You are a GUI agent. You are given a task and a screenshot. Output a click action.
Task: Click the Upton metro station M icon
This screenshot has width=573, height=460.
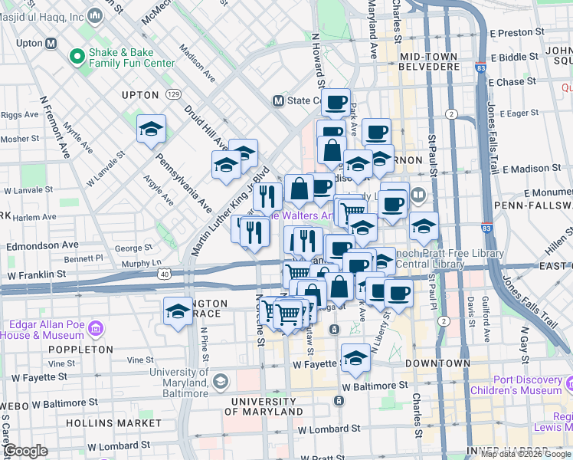click(x=51, y=44)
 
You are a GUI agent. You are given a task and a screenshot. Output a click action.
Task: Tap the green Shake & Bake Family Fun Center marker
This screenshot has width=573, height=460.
click(x=77, y=57)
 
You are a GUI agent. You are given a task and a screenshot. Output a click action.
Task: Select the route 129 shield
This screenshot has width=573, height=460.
click(x=174, y=94)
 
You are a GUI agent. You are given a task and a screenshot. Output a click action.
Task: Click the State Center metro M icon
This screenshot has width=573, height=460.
click(x=280, y=100)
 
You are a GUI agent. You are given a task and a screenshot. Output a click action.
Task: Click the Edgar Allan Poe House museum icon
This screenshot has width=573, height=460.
click(x=95, y=329)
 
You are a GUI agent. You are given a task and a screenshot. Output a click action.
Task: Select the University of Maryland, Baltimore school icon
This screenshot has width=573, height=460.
click(x=220, y=381)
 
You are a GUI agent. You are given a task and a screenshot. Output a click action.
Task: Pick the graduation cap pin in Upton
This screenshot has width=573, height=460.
click(x=151, y=129)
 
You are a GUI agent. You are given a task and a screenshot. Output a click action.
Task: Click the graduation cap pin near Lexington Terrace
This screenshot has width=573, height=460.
click(x=178, y=311)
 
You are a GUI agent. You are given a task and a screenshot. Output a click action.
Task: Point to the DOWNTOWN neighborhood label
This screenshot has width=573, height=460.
click(x=437, y=363)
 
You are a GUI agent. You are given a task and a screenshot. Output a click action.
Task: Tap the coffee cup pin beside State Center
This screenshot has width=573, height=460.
click(x=335, y=102)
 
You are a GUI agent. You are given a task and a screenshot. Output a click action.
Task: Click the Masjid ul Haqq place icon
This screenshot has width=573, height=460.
click(x=96, y=15)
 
